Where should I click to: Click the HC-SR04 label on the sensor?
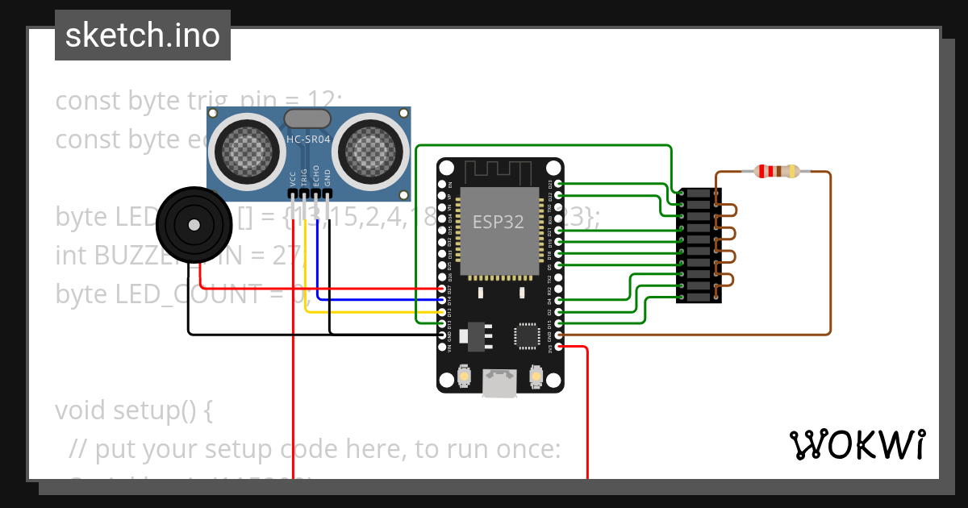tap(308, 139)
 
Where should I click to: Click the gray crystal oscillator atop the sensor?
tap(308, 119)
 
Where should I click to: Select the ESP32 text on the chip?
tap(498, 223)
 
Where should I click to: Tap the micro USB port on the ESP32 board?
tap(499, 384)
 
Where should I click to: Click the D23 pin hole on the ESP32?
tap(560, 184)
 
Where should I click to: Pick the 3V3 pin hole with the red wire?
tap(560, 347)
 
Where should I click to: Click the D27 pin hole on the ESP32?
tap(440, 289)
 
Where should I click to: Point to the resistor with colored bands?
tap(775, 171)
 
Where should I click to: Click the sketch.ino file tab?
tap(143, 35)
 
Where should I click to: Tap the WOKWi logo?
tap(857, 444)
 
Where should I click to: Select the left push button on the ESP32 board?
tap(465, 376)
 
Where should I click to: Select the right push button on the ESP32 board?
tap(535, 376)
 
